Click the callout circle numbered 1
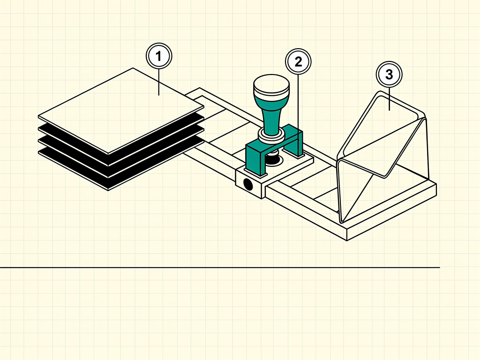coord(159,56)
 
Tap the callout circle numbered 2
coord(298,61)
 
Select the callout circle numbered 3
coord(389,75)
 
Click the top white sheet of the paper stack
coord(121,110)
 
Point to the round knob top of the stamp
coord(271,85)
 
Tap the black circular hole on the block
coord(248,185)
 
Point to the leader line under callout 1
coord(158,82)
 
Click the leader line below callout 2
coord(299,107)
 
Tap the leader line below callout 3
coord(390,99)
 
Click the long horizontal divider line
coord(220,268)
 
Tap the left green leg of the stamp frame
coord(254,161)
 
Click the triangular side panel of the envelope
coord(355,190)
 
